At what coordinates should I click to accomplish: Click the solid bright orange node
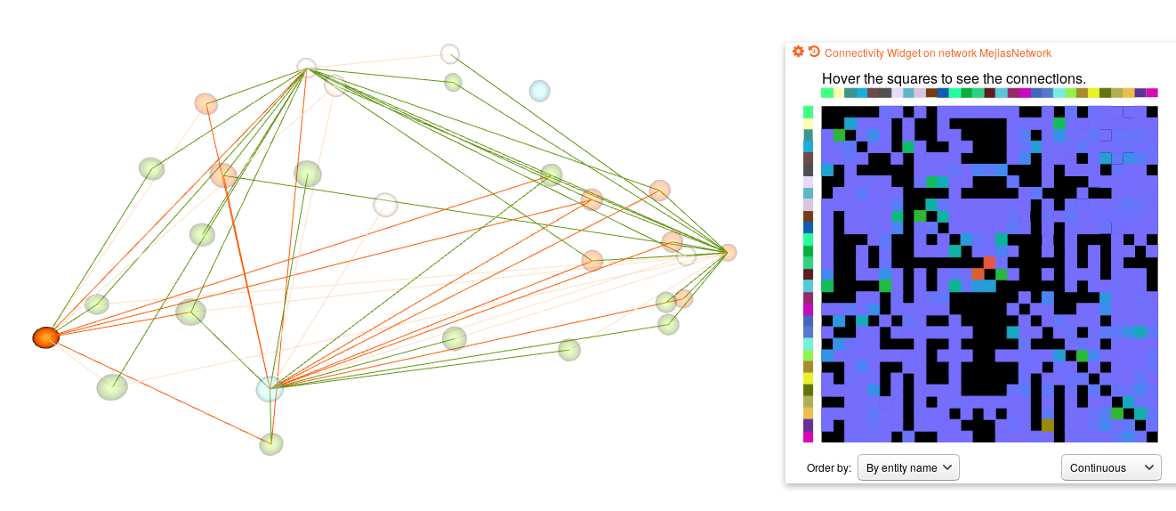45,337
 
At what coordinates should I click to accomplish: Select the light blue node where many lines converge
269,388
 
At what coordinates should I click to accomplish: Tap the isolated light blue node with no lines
539,91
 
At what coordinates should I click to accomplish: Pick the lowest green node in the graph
271,443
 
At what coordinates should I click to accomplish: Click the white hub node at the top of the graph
306,67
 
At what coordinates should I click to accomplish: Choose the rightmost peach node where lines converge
728,252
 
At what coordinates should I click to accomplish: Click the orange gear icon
798,52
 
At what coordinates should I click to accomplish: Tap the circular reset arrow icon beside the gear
814,52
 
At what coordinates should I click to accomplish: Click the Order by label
829,468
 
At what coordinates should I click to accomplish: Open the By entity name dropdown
908,467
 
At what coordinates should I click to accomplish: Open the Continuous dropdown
1111,467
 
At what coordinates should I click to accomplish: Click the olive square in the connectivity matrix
1047,426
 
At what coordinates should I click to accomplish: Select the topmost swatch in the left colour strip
809,112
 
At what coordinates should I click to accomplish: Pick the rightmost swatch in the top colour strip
1152,93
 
